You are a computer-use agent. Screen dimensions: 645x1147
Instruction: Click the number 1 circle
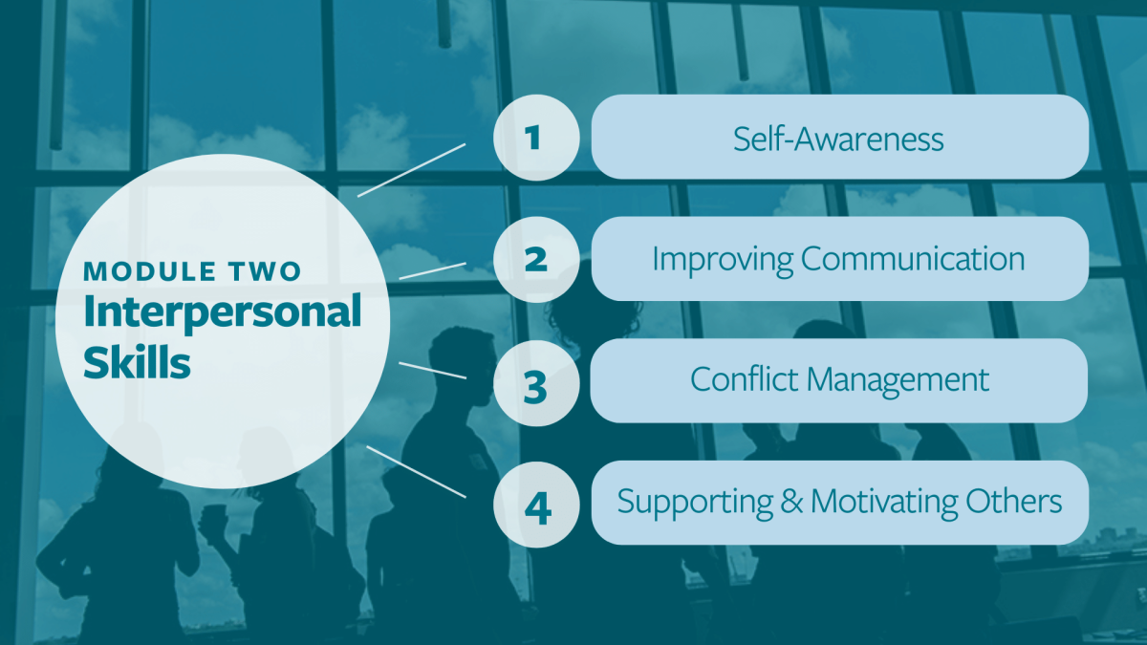(536, 138)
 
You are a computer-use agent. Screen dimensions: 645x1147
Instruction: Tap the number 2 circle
(536, 259)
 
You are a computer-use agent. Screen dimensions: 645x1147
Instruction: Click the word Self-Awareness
(838, 140)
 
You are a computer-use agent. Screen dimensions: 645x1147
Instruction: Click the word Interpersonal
(222, 313)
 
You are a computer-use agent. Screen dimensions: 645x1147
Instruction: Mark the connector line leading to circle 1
(412, 170)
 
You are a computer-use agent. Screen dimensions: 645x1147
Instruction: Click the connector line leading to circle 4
(417, 471)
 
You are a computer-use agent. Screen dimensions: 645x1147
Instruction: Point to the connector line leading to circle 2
(432, 269)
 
